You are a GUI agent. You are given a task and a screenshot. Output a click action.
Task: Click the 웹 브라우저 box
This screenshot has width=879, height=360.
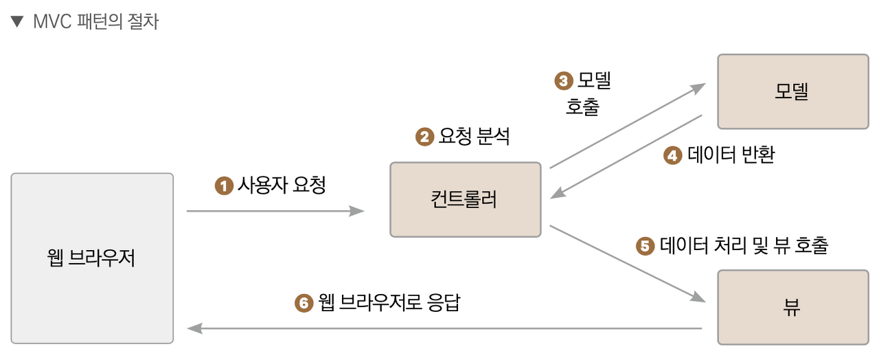[x=92, y=258]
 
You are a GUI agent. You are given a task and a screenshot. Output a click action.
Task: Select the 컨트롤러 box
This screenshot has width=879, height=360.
[x=466, y=199]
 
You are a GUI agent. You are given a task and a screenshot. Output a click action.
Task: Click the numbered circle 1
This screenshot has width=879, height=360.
[x=224, y=185]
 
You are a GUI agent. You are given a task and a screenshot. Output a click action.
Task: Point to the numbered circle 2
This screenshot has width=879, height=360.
[x=425, y=137]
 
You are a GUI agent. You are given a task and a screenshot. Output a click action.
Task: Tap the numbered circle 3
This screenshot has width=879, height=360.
[x=563, y=81]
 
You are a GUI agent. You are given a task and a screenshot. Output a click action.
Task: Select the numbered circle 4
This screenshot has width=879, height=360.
[x=672, y=156]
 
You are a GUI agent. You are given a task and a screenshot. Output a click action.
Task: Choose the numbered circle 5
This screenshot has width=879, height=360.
[x=645, y=246]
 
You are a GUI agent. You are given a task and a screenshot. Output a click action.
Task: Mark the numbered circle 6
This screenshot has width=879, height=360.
[x=304, y=303]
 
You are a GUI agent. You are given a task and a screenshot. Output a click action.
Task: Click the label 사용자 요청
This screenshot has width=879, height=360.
[x=282, y=185]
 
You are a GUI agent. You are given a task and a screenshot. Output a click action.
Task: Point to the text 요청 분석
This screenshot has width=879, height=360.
[x=475, y=137]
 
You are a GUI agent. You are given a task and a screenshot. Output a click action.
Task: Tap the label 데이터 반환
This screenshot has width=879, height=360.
[x=731, y=155]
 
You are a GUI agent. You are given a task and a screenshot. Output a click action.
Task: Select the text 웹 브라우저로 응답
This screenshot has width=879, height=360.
[x=389, y=302]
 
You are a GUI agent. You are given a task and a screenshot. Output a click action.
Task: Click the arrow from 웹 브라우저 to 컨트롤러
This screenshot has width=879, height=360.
[x=275, y=211]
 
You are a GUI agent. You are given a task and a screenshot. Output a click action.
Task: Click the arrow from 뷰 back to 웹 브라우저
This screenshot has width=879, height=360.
[x=444, y=328]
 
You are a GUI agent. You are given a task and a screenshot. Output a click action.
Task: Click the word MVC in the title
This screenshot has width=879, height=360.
[x=52, y=22]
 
